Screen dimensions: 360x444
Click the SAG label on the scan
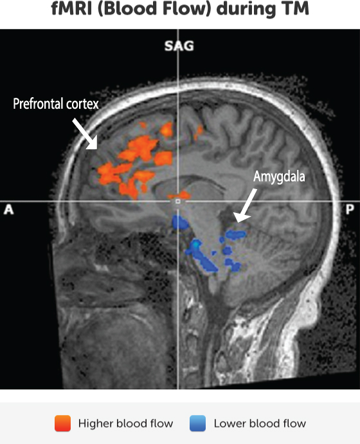179,46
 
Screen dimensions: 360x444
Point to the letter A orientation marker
8,210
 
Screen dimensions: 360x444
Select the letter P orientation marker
350,210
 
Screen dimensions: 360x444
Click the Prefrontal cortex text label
56,104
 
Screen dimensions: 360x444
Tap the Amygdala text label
279,177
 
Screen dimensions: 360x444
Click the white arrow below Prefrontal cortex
85,134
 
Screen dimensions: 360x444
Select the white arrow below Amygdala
245,206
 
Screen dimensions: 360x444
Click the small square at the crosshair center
178,201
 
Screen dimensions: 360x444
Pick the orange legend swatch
62,423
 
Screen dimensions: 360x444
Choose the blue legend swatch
197,423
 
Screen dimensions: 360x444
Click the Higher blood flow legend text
125,423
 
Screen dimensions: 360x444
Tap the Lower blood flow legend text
260,423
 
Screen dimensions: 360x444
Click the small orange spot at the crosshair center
179,195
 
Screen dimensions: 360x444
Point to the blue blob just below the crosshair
180,223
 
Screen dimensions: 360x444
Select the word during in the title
246,9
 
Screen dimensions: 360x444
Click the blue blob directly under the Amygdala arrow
236,234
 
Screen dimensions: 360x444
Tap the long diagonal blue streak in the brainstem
201,256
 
